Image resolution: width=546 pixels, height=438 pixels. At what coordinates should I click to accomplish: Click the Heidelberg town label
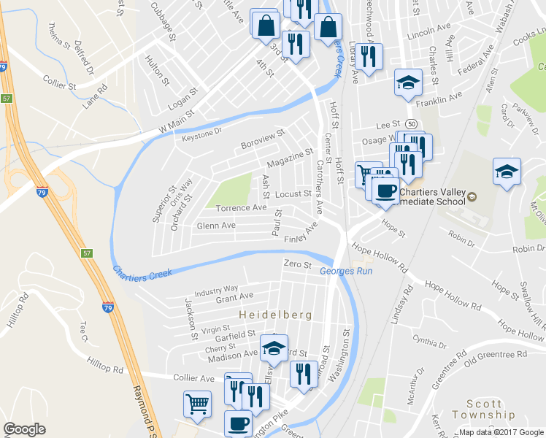click(275, 315)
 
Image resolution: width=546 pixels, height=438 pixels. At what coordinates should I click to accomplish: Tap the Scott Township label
click(495, 410)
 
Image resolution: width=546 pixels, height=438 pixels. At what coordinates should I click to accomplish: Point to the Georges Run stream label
click(346, 272)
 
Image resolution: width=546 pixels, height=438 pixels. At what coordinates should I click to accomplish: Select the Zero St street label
click(298, 264)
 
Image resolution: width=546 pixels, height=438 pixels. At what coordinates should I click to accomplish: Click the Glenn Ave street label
click(215, 226)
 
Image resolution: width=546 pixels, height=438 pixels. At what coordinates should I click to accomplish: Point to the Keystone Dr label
click(201, 132)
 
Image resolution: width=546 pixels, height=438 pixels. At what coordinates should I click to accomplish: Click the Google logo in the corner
click(23, 429)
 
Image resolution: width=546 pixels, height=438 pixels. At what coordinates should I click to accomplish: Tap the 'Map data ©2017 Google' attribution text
click(501, 432)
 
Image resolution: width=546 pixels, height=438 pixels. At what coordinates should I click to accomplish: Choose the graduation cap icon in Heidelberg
click(274, 347)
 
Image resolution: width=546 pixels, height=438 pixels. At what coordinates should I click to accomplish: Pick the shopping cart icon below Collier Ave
click(197, 403)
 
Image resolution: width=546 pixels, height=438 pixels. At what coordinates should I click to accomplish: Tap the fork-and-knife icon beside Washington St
click(304, 373)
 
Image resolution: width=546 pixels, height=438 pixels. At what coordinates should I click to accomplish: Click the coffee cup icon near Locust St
click(385, 191)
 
